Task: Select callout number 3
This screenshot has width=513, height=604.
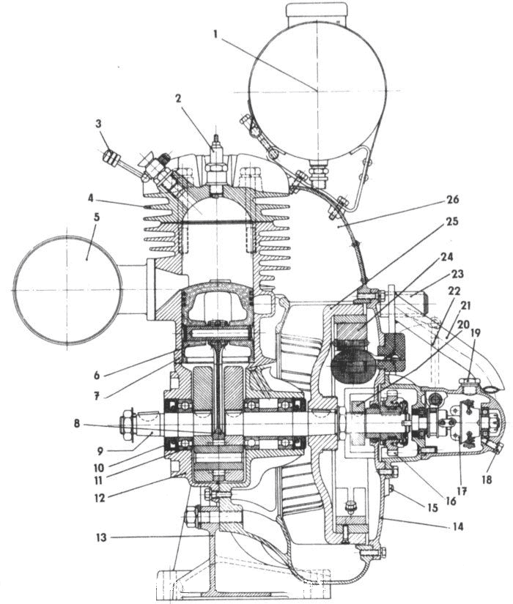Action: click(97, 124)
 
